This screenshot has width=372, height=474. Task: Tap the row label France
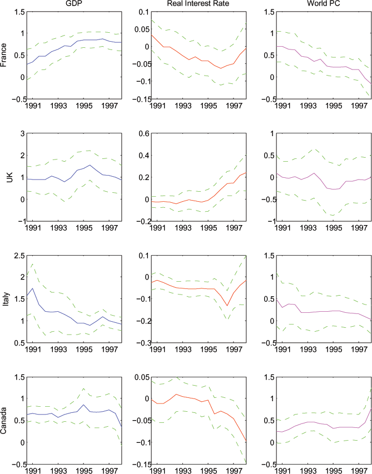click(x=5, y=55)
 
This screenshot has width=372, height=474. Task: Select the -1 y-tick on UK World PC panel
click(x=265, y=221)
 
